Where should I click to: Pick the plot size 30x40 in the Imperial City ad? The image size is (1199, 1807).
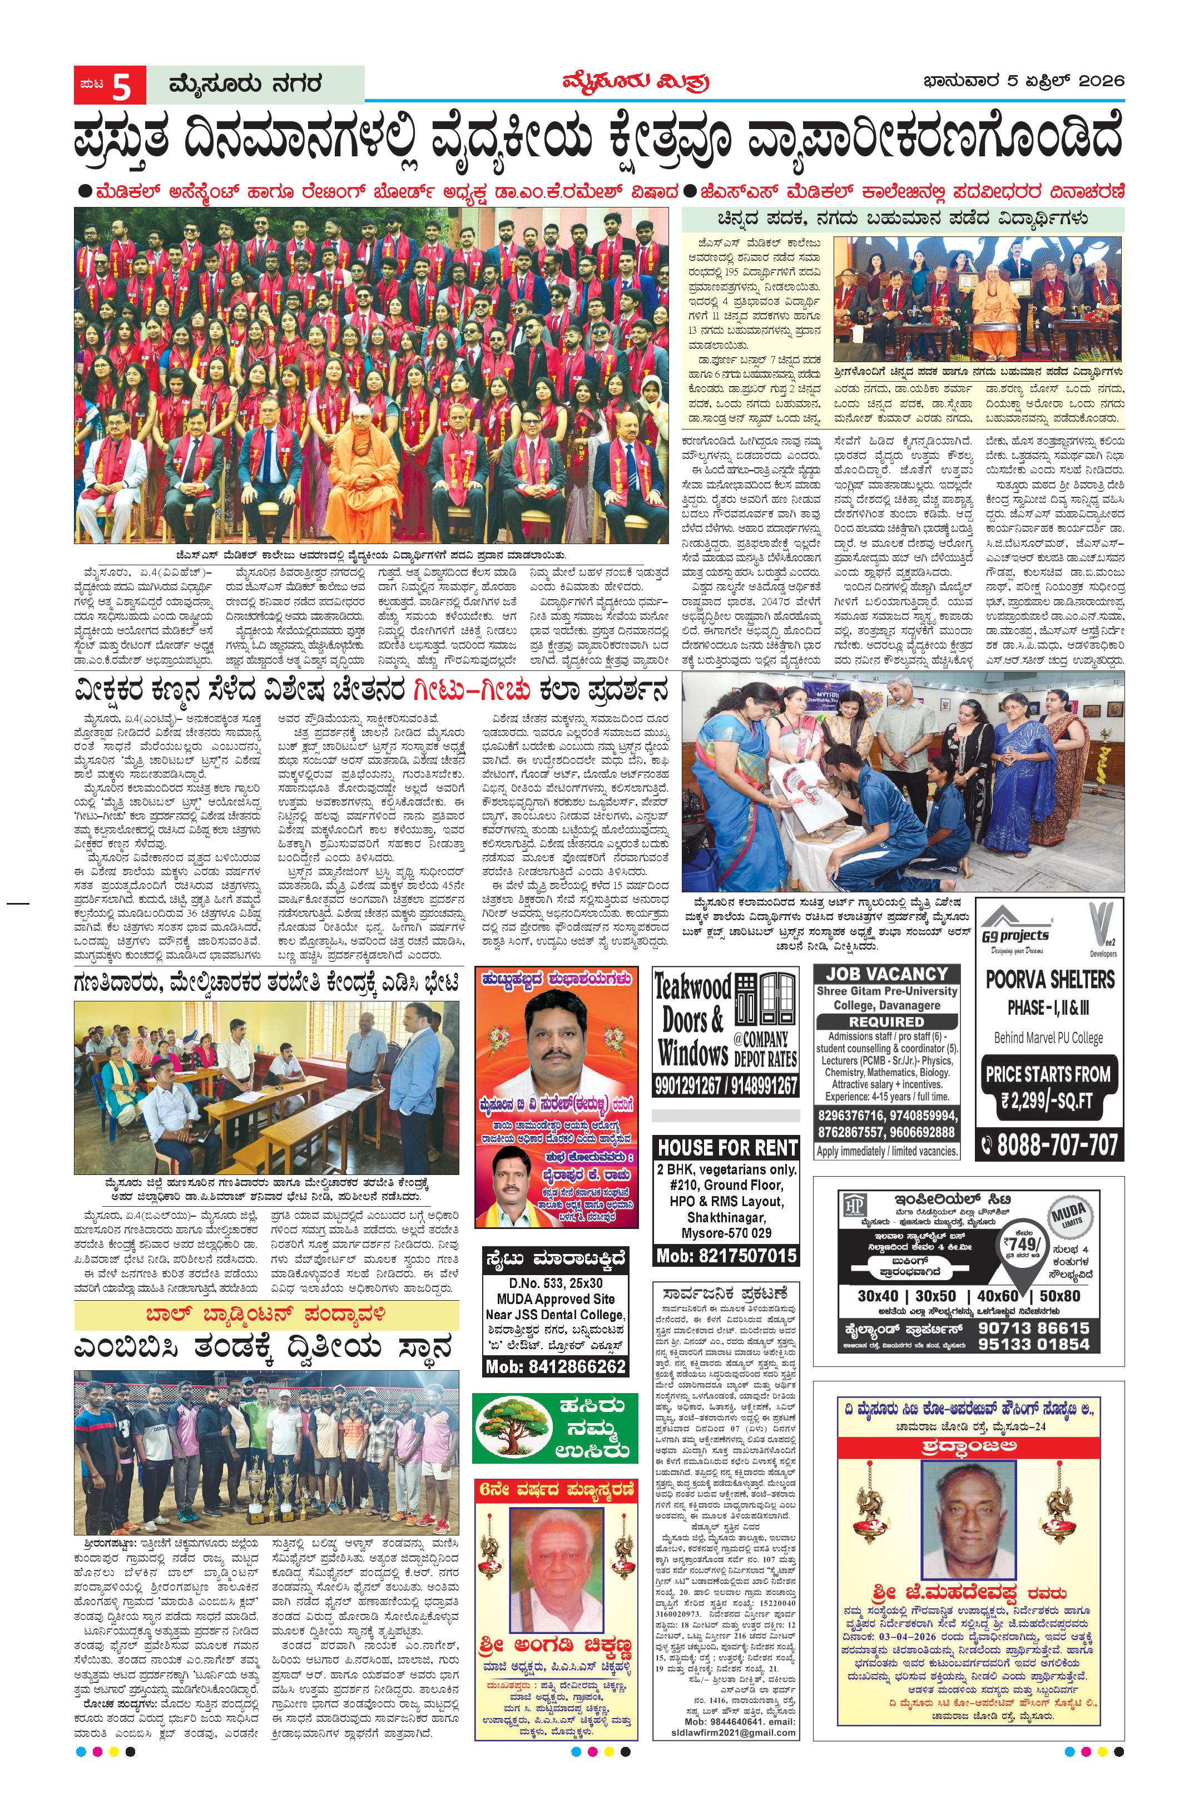click(877, 1295)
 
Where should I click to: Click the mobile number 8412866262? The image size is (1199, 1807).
click(556, 1366)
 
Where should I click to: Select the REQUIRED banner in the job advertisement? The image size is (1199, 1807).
click(886, 1021)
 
